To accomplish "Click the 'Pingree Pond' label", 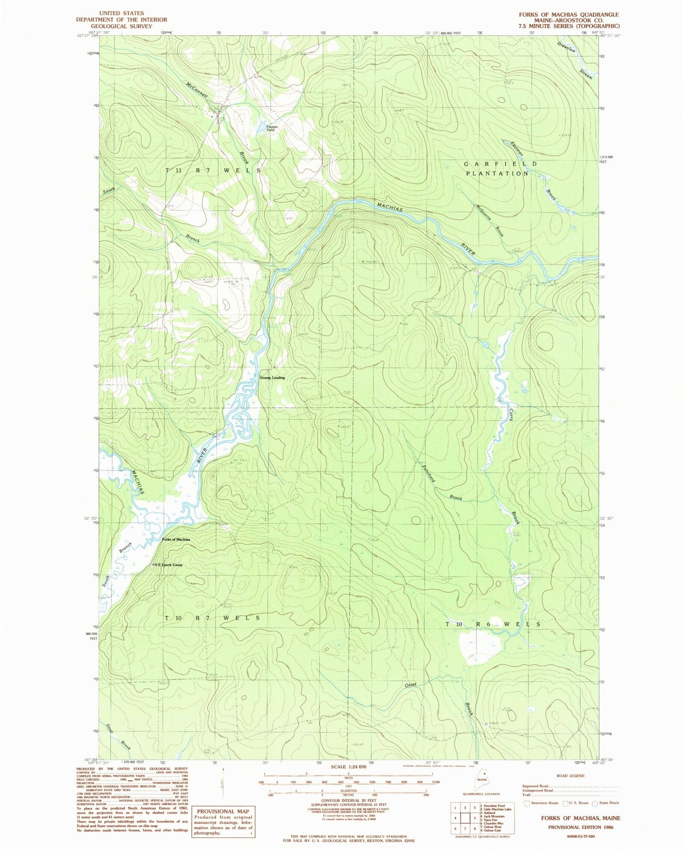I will click(271, 128).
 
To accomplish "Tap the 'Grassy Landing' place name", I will click(272, 378).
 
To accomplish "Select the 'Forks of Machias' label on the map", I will click(176, 540).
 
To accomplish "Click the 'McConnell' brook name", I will click(197, 91).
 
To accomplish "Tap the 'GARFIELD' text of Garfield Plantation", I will click(501, 164).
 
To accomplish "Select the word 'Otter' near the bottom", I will click(410, 684).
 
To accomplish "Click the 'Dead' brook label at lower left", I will click(109, 728).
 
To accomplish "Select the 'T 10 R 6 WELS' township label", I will click(493, 624).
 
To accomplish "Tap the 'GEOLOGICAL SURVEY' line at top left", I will click(121, 26).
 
